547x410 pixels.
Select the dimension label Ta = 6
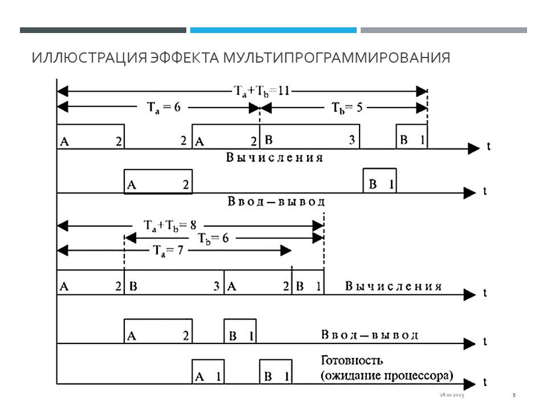tap(162, 106)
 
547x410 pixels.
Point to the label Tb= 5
tap(346, 106)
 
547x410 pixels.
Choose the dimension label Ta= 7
tap(172, 251)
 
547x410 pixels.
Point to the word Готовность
tap(352, 360)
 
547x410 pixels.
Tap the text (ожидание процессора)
tap(386, 376)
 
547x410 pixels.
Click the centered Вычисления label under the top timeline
tap(274, 158)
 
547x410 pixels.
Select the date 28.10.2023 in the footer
tap(452, 395)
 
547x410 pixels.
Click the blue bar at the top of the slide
tap(273, 30)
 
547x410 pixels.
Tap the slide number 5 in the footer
tap(514, 395)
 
